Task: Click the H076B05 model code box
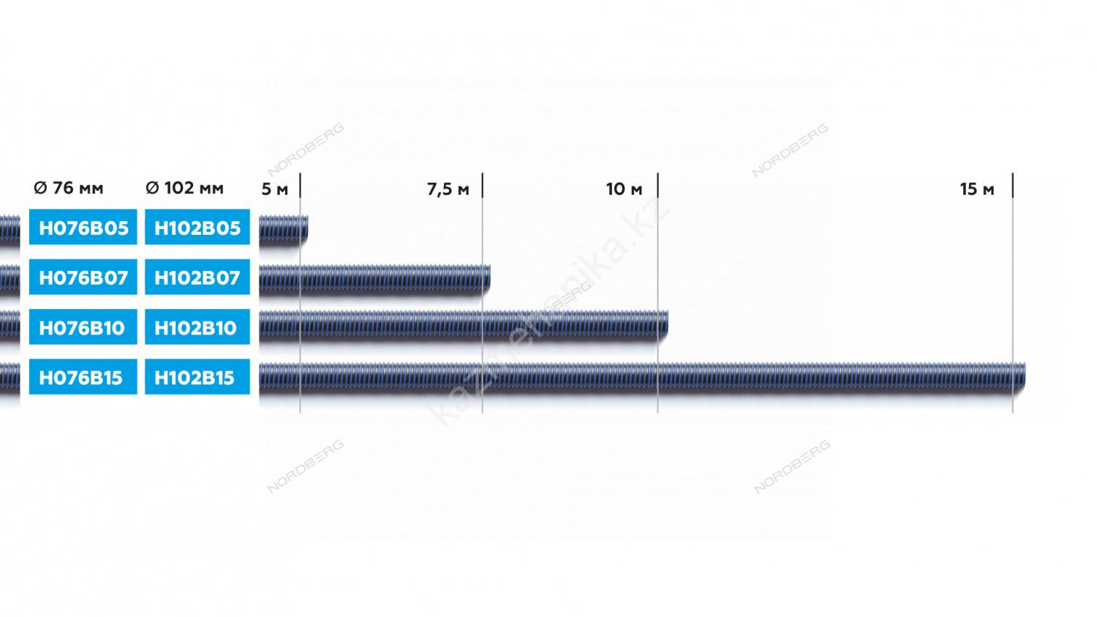point(83,227)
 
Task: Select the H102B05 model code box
point(197,227)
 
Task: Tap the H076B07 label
point(83,277)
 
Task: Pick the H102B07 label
point(197,277)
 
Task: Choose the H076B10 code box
point(83,327)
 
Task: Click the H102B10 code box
point(197,327)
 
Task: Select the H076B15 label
point(83,377)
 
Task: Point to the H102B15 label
point(197,377)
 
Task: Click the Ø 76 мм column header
point(69,187)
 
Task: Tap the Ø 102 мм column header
point(184,187)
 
